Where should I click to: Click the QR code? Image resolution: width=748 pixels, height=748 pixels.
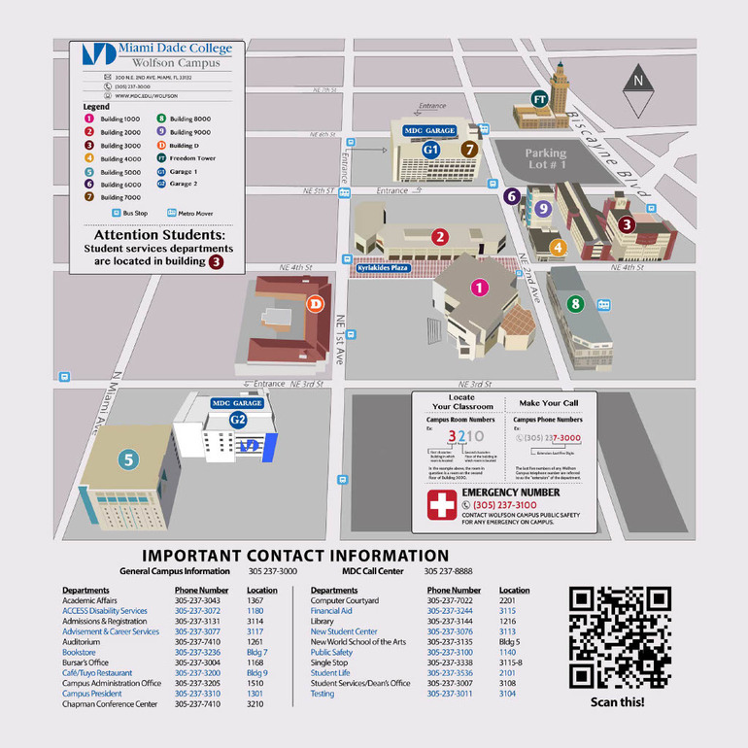click(x=620, y=637)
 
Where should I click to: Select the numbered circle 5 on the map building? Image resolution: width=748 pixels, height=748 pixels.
click(x=128, y=459)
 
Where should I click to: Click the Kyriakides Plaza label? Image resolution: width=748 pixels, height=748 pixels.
click(x=383, y=267)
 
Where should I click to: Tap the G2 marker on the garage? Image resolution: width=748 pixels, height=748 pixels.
click(x=238, y=420)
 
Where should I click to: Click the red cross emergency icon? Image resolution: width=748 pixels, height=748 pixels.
click(x=442, y=504)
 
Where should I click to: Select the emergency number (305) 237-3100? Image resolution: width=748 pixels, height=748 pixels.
click(x=504, y=505)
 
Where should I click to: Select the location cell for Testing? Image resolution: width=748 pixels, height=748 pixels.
click(x=507, y=694)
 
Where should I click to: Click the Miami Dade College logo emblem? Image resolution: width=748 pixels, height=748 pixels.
click(x=98, y=55)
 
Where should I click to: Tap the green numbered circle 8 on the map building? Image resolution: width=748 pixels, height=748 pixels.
click(x=575, y=304)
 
